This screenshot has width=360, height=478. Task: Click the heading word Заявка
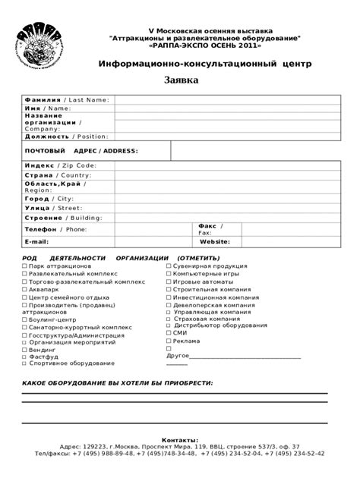click(182, 80)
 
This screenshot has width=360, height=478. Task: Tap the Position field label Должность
click(47, 137)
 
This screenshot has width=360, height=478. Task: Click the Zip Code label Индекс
click(39, 165)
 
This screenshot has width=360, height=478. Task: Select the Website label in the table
click(215, 241)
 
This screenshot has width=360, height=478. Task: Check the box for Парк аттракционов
click(24, 267)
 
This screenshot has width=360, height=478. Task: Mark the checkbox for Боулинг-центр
click(24, 320)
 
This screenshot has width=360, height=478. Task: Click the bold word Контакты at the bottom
click(180, 440)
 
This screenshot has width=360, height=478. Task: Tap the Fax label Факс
click(207, 225)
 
